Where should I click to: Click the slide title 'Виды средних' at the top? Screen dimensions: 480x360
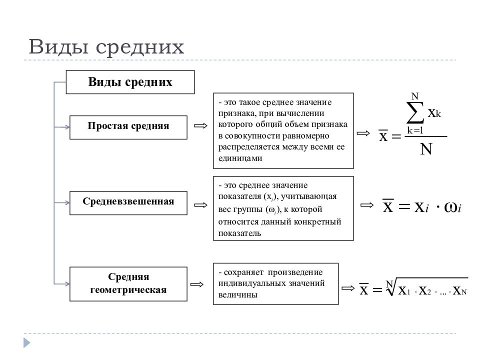tap(106, 47)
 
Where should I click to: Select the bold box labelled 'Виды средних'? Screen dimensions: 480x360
tap(130, 82)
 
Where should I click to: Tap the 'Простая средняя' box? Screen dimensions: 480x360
tap(128, 127)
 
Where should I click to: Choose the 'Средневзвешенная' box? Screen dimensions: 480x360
tap(128, 203)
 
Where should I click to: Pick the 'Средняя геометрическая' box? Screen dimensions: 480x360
tap(128, 284)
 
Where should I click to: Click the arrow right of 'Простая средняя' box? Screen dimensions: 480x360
tap(201, 126)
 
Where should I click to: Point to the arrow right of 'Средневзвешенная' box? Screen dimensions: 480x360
tap(201, 205)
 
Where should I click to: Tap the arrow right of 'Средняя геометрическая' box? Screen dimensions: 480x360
tap(197, 284)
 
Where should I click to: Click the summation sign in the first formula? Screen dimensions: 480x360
tap(415, 113)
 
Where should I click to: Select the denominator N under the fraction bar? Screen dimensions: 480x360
tap(426, 149)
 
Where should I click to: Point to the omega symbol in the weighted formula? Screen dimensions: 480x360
tap(452, 207)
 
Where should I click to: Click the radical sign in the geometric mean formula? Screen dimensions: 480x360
tap(391, 286)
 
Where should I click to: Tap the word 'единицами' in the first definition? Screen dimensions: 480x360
tap(240, 158)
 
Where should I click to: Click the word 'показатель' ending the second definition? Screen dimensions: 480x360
tap(239, 233)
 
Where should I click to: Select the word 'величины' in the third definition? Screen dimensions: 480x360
tap(237, 295)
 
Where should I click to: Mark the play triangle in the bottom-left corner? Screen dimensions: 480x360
tap(27, 343)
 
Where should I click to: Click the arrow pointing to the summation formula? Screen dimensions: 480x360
tap(363, 133)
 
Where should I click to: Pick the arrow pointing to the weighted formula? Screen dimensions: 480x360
tap(367, 205)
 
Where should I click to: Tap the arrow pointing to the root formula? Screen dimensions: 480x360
tap(348, 288)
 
